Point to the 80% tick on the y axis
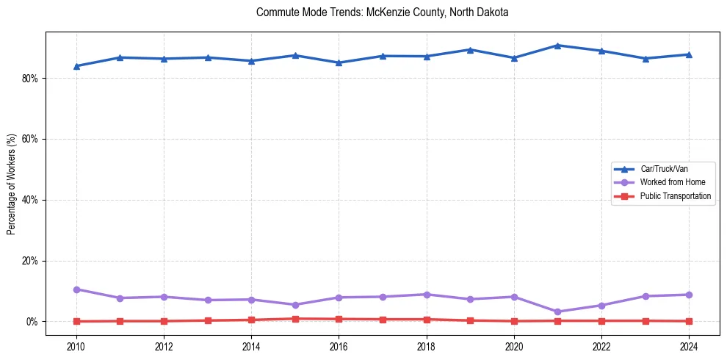[29, 79]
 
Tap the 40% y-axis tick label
[29, 200]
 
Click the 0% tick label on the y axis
[32, 322]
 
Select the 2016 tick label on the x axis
[339, 345]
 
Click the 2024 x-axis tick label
[689, 345]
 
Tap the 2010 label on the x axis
[76, 345]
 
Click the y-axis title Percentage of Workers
[12, 184]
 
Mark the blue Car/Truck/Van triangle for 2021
[557, 46]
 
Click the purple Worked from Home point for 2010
[76, 289]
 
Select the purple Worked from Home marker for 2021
[557, 312]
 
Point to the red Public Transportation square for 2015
[295, 319]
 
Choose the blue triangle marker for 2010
[76, 66]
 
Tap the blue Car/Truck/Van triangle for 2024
[689, 54]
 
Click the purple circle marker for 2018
[427, 295]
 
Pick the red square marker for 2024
[689, 321]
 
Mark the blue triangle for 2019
[470, 50]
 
